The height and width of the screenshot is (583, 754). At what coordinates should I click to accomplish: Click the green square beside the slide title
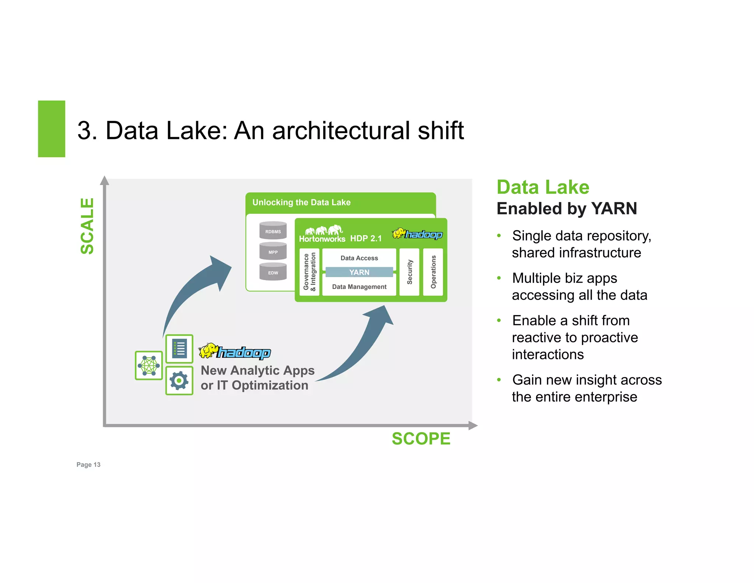(x=52, y=129)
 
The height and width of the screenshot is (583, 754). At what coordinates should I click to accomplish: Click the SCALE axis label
(x=87, y=226)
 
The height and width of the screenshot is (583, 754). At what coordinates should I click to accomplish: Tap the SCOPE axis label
(x=421, y=439)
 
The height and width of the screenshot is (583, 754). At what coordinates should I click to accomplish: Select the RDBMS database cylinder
(x=273, y=231)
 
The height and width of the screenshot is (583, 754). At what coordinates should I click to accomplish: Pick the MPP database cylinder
(x=273, y=251)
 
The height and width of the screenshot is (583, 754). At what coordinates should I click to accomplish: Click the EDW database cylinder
(x=273, y=272)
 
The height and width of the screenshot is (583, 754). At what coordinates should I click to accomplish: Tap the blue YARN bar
(x=359, y=272)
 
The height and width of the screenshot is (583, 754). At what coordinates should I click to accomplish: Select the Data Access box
(x=359, y=258)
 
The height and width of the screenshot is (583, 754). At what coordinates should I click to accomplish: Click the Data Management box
(x=359, y=287)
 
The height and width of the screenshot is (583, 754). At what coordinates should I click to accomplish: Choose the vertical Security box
(x=409, y=272)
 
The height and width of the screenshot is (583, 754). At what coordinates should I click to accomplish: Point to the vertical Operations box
(x=433, y=272)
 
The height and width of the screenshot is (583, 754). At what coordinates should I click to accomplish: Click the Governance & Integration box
(x=309, y=272)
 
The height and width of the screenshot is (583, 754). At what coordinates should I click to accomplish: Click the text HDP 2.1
(x=366, y=238)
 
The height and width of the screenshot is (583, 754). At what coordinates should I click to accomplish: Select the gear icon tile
(x=179, y=380)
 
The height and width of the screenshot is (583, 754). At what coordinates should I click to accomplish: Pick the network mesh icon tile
(x=149, y=365)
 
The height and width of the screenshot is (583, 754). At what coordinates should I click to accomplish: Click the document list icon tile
(x=179, y=349)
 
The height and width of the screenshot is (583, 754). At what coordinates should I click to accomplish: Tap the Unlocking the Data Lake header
(x=301, y=202)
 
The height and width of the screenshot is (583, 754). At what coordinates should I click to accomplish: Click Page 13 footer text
(x=88, y=464)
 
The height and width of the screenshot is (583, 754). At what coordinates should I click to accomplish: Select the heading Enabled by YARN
(x=567, y=209)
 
